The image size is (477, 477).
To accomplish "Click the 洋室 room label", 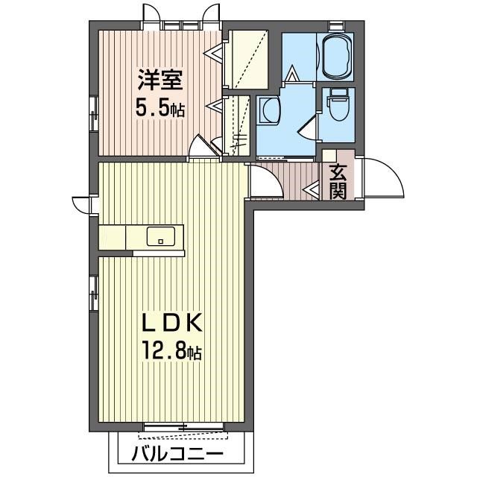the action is click(x=160, y=80).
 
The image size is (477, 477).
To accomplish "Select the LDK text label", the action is click(x=172, y=323).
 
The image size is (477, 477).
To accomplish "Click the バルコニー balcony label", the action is click(x=177, y=455).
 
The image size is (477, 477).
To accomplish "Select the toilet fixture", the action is click(x=338, y=105).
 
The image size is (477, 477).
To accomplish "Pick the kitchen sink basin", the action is click(x=161, y=236).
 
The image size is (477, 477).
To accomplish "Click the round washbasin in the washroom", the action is click(x=270, y=111).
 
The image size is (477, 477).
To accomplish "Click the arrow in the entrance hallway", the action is click(x=311, y=189).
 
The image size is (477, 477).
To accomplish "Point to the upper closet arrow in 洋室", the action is click(x=213, y=54).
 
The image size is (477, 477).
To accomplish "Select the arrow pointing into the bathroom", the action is click(x=291, y=73).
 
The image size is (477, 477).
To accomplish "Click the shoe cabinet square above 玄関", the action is click(x=329, y=155).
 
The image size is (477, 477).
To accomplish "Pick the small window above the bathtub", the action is click(x=336, y=25).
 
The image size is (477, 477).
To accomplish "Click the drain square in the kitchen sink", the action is click(x=161, y=242).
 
